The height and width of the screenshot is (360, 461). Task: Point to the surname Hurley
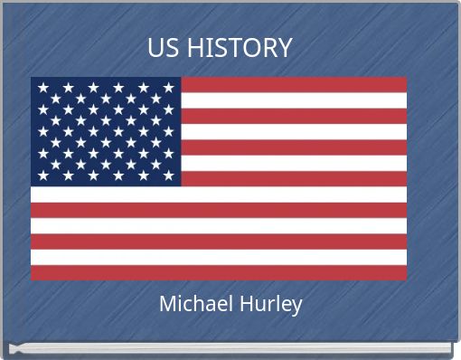[x=268, y=304]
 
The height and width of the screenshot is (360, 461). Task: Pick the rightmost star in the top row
[x=168, y=88]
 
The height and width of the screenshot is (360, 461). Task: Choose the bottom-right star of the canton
[x=168, y=175]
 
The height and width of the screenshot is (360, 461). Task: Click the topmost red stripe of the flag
[x=294, y=84]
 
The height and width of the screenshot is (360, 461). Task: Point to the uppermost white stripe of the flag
[x=294, y=100]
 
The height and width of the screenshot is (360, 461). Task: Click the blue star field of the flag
[x=106, y=131]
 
